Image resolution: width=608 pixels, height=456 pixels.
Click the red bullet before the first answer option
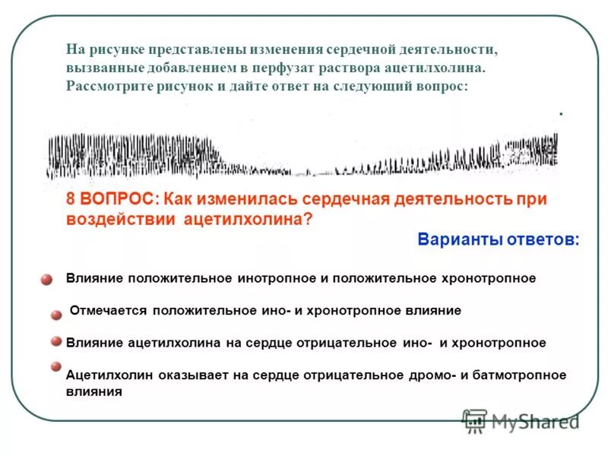pos(46,280)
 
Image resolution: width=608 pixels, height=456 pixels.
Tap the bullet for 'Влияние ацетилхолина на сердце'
pos(55,342)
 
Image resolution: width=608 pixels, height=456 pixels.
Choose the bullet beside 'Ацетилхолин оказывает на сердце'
pos(55,366)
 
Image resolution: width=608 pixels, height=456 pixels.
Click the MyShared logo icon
pos(475,420)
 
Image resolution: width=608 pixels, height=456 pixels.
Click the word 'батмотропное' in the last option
pos(528,375)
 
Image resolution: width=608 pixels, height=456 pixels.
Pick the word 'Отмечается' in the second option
pos(108,311)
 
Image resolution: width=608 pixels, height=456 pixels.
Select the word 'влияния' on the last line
pos(94,392)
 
